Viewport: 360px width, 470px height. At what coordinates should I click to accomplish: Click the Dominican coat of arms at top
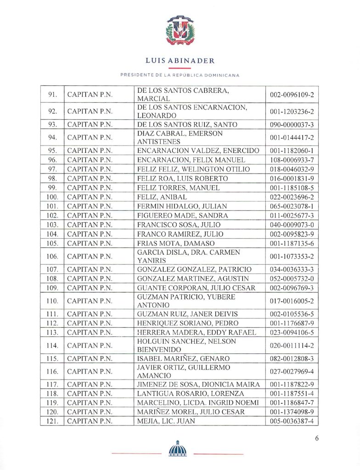click(180, 31)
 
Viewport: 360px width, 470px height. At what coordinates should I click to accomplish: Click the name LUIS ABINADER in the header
click(180, 61)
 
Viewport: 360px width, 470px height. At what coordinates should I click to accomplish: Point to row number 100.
click(52, 197)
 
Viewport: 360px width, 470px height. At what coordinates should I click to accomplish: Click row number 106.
click(52, 256)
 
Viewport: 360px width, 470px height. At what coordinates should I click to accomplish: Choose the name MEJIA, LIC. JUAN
click(166, 421)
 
